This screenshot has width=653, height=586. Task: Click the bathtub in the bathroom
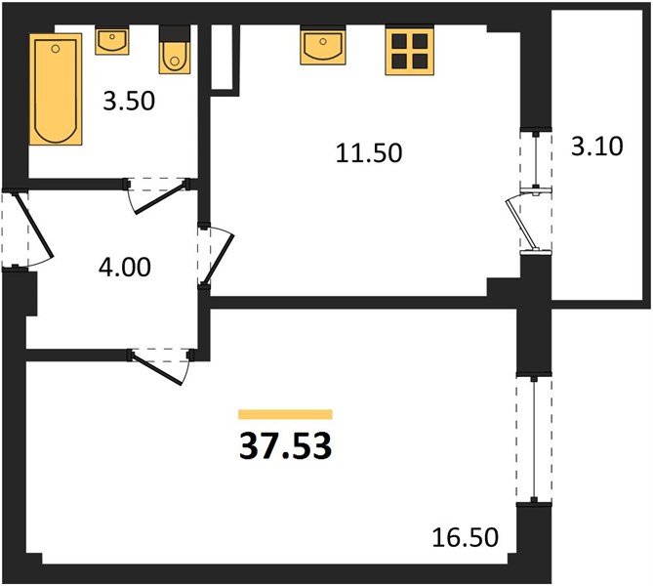[x=56, y=90]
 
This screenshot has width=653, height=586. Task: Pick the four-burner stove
[x=410, y=51]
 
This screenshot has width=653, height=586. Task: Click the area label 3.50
[x=131, y=101]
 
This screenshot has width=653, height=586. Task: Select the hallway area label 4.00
[x=127, y=266]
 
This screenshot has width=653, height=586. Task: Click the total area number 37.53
[x=285, y=446]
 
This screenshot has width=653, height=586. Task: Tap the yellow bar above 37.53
[x=285, y=414]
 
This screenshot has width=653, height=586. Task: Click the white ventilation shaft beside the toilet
[x=224, y=59]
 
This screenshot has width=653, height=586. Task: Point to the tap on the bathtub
[x=56, y=46]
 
